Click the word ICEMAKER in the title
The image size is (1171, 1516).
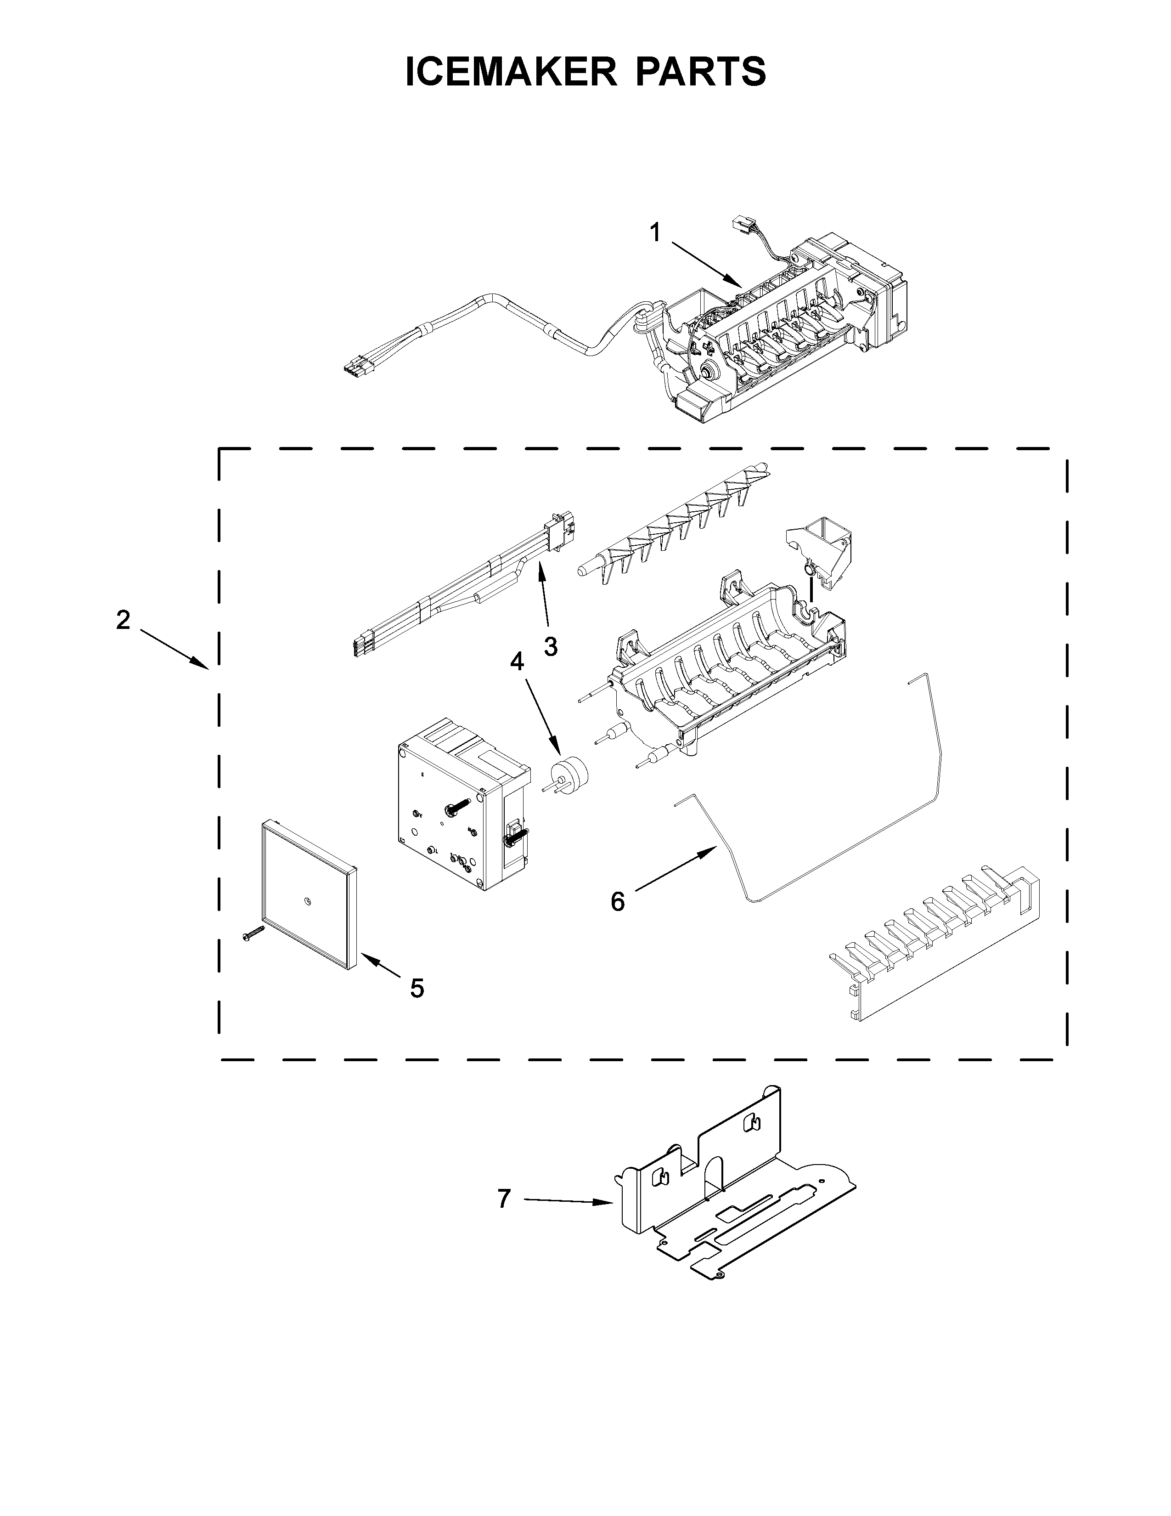click(x=511, y=72)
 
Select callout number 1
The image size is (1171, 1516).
click(x=655, y=233)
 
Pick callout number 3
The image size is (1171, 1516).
click(x=550, y=646)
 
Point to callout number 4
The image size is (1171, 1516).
click(x=517, y=662)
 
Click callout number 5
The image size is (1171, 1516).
click(x=416, y=988)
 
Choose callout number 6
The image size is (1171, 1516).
click(x=617, y=902)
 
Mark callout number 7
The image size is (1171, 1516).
click(x=504, y=1198)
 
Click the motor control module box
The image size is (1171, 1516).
click(x=462, y=805)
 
